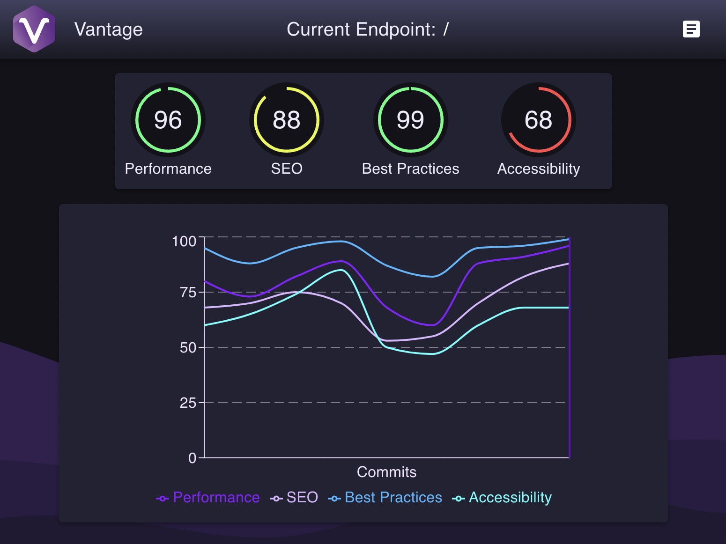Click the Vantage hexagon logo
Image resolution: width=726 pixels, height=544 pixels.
coord(34,29)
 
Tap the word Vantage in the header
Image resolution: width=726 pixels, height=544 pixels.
coord(108,29)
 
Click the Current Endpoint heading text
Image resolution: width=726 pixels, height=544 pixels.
coord(367,29)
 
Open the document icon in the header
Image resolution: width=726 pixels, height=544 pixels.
coord(691,29)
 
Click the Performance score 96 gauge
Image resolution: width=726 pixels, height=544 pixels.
coord(168,120)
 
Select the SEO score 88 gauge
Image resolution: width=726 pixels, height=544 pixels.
coord(287,120)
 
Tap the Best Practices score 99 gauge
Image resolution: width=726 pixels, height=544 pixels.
coord(410,120)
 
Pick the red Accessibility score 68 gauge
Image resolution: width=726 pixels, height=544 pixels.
coord(538,120)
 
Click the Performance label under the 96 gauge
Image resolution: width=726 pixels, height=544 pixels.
coord(168,169)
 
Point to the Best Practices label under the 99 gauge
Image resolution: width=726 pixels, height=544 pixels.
coord(410,169)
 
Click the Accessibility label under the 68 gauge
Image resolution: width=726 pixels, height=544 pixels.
coord(538,169)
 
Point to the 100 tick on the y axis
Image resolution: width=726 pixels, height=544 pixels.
coord(184,241)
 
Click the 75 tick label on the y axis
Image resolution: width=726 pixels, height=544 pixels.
coord(188,293)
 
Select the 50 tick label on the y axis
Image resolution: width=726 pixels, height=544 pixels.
coord(188,348)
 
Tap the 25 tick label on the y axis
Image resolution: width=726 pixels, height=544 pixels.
coord(188,403)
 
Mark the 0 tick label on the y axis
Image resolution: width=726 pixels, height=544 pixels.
coord(192,458)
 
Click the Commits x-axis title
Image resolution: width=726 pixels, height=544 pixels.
coord(386,472)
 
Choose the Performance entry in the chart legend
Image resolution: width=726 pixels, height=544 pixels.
coord(208,497)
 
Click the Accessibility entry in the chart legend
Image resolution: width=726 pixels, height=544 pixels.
coord(502,497)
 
